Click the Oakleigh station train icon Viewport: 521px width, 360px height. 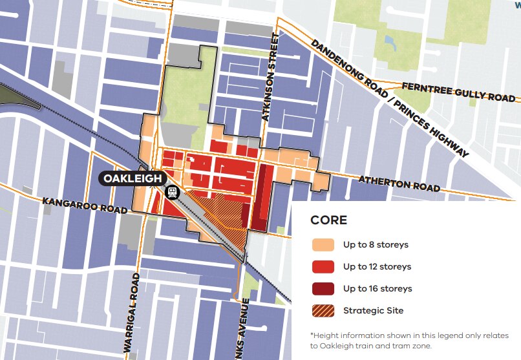[173, 192]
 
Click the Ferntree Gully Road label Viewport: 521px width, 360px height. [458, 92]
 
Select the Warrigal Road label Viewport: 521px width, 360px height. [131, 313]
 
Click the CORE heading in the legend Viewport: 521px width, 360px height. [329, 220]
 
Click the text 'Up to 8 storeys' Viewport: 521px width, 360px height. [376, 245]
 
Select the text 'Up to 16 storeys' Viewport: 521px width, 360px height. [377, 289]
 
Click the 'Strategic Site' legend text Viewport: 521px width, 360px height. [373, 311]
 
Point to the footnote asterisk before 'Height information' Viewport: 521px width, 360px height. [312, 335]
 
